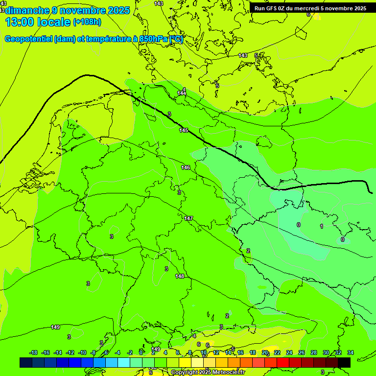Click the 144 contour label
(182, 93)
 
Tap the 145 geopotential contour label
(184, 130)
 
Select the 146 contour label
(186, 167)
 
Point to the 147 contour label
(188, 218)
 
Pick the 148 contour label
(180, 276)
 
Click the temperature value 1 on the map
(322, 226)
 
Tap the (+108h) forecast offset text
(87, 22)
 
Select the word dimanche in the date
(27, 10)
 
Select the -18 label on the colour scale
(33, 352)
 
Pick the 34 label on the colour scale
(350, 352)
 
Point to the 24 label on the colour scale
(289, 352)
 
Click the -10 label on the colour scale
(82, 352)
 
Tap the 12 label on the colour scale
(216, 352)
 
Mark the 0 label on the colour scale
(141, 352)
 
